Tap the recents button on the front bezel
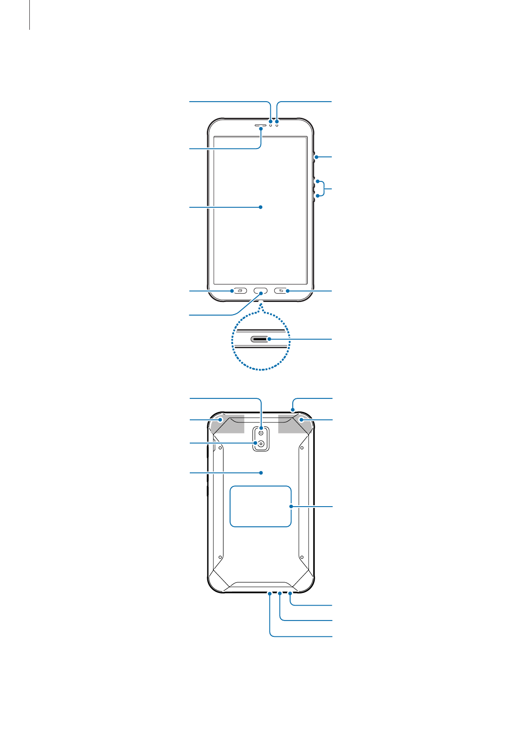click(239, 291)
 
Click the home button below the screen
click(261, 291)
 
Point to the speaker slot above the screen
click(260, 125)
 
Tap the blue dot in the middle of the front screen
click(261, 207)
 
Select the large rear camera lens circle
click(261, 444)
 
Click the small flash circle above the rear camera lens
click(261, 433)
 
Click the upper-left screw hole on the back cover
click(220, 448)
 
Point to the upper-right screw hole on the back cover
click(302, 448)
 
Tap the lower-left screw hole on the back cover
click(220, 557)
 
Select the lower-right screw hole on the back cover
click(302, 557)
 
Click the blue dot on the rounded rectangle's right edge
click(291, 506)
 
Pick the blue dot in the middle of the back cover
click(261, 472)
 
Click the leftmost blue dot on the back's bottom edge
click(270, 593)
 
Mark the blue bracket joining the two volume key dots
click(324, 189)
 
